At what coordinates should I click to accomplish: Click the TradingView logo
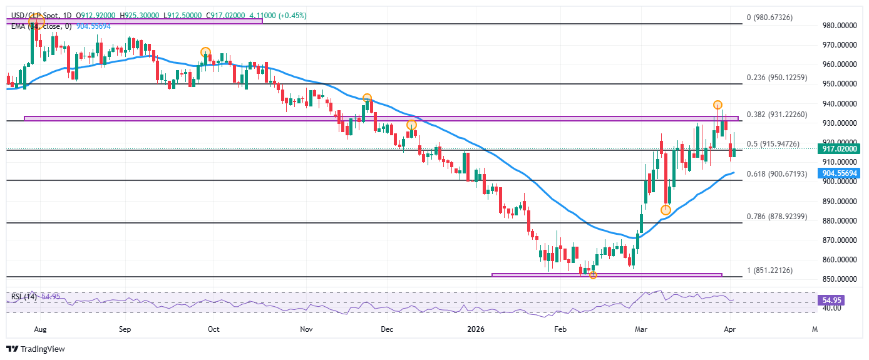point(36,349)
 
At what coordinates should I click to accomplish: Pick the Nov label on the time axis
point(306,328)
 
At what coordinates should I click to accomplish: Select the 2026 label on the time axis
point(476,328)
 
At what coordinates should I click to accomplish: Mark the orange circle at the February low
point(593,275)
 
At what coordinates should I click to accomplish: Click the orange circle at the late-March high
point(717,105)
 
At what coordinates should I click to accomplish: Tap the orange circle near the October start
point(205,52)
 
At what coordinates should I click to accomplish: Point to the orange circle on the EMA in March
point(666,210)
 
